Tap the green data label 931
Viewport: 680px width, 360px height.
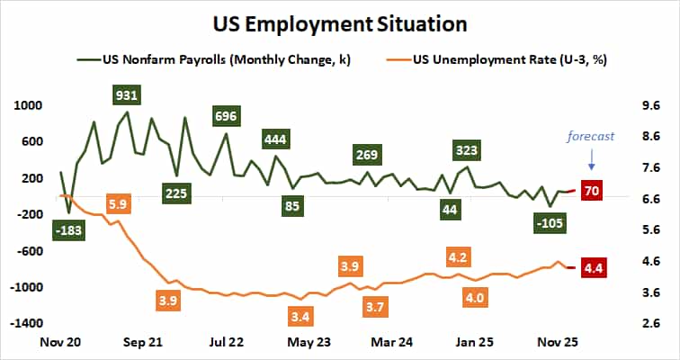tap(126, 94)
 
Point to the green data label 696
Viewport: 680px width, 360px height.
tap(225, 116)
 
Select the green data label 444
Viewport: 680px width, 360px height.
tap(275, 139)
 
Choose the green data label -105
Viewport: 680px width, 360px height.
tap(548, 223)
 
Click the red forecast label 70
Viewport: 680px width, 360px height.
tap(592, 191)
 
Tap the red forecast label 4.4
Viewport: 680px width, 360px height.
tap(593, 267)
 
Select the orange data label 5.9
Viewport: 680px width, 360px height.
tap(118, 203)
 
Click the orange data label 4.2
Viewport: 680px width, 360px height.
tap(457, 258)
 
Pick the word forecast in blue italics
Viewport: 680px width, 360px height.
tap(590, 137)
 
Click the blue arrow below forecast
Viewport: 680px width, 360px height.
tap(591, 162)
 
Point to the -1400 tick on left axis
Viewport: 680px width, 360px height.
tap(24, 322)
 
